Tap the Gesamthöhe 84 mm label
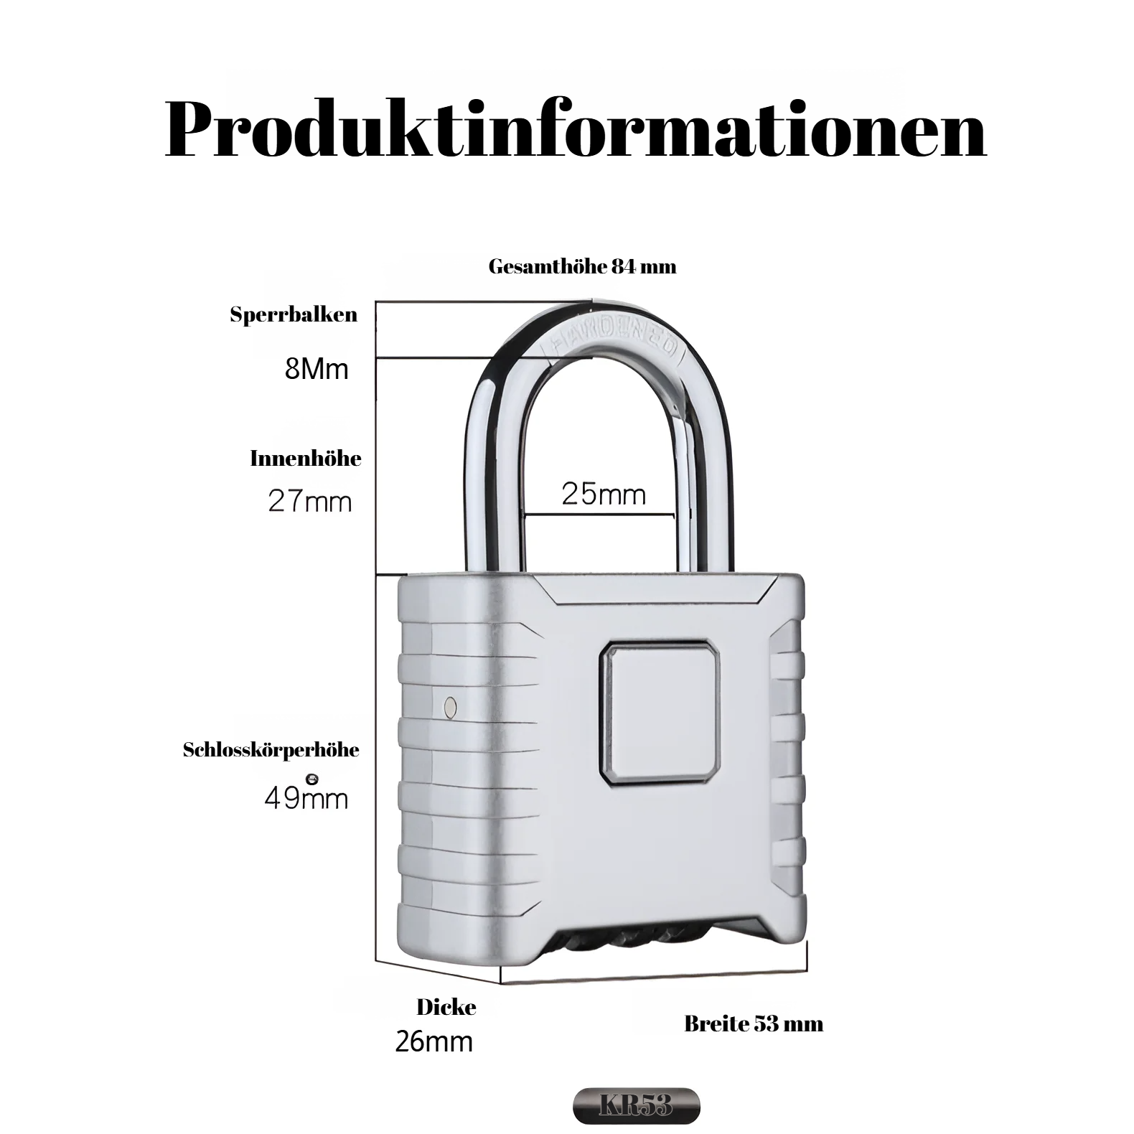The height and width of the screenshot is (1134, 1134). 582,267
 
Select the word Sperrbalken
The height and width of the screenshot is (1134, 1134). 294,315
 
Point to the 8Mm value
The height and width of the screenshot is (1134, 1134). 317,369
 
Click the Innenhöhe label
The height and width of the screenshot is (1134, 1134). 306,459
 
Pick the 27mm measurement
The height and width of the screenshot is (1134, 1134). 310,501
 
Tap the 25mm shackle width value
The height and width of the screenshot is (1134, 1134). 604,494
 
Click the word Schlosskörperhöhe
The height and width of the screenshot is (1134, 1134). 271,751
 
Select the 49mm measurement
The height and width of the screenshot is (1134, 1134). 306,798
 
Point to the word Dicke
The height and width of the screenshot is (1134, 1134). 446,1007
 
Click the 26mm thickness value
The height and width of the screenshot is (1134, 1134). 434,1041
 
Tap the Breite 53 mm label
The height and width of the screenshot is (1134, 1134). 754,1023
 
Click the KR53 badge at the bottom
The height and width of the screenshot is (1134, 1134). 636,1106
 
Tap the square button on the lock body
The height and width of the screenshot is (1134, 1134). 660,711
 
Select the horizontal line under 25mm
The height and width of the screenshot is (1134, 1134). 599,515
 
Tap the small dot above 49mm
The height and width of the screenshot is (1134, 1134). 311,778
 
